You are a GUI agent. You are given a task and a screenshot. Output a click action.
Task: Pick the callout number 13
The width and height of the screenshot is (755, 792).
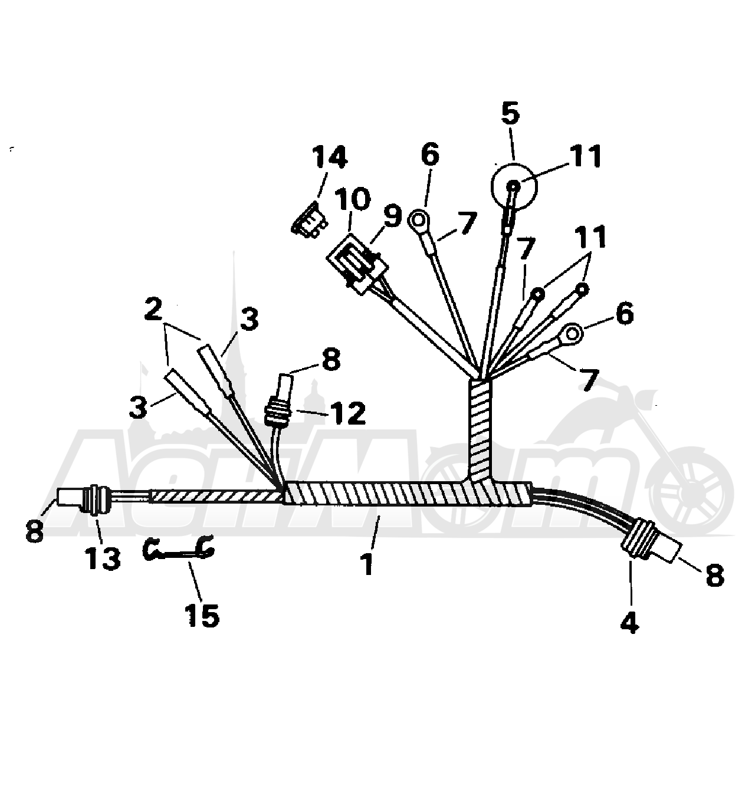pyautogui.click(x=102, y=558)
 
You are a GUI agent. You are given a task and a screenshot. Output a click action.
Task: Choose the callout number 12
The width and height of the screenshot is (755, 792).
pyautogui.click(x=347, y=413)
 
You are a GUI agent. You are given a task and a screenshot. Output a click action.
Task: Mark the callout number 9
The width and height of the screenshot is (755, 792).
pyautogui.click(x=392, y=216)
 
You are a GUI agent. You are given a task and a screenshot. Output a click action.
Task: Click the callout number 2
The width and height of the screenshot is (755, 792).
pyautogui.click(x=153, y=309)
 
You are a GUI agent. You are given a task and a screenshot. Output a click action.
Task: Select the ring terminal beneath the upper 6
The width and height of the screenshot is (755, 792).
pyautogui.click(x=419, y=221)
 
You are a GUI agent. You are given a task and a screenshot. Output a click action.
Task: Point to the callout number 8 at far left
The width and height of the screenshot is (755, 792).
pyautogui.click(x=34, y=530)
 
